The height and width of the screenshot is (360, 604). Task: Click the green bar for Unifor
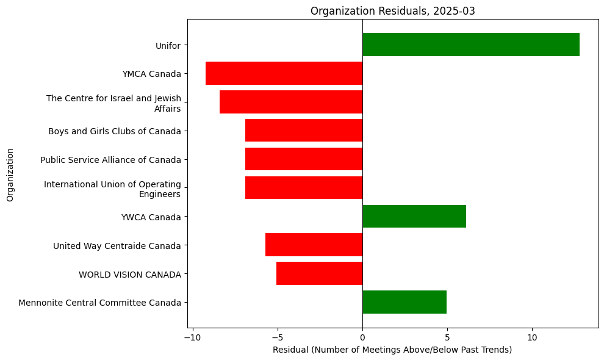470,45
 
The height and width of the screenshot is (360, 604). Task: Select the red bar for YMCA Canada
284,73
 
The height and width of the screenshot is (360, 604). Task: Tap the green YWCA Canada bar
414,217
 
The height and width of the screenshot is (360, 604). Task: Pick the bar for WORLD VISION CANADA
319,273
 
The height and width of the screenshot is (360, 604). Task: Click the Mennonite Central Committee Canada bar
404,302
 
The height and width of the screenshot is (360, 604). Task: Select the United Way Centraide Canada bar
314,245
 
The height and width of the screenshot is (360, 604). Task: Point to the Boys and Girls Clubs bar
303,131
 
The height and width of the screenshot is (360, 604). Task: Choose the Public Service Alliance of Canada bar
303,159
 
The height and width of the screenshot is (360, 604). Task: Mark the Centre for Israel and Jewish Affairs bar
290,102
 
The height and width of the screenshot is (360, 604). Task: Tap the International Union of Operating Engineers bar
303,188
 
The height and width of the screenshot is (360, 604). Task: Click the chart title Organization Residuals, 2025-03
392,10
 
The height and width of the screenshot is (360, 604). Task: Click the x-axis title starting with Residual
392,350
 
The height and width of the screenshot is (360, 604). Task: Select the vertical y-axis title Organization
10,174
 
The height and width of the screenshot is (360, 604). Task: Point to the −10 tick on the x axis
193,337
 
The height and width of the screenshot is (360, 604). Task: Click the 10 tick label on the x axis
532,337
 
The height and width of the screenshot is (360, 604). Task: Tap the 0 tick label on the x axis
362,337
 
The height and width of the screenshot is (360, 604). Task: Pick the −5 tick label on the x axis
278,337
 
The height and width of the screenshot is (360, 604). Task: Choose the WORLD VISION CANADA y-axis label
130,275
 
